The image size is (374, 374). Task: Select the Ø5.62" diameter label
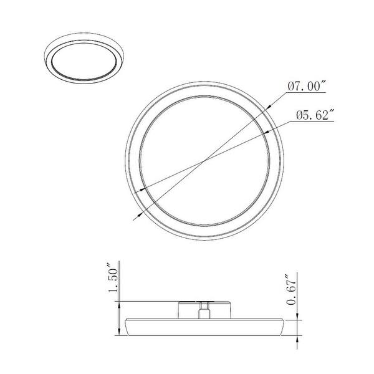tap(316, 115)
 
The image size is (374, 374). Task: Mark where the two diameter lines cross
tap(205, 162)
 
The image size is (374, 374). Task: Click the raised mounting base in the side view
tap(205, 309)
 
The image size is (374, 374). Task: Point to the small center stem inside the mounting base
tap(205, 310)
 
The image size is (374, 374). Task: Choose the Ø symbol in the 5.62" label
tap(300, 115)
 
